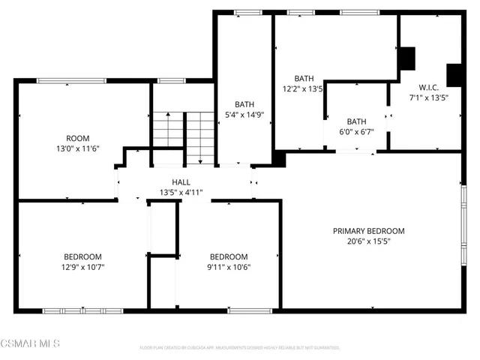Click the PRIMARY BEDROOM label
click(368, 231)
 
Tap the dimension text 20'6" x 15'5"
click(368, 241)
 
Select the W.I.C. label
click(428, 86)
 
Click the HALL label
click(181, 182)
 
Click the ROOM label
click(78, 138)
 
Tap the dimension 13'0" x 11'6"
click(78, 148)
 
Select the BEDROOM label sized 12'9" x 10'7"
click(82, 256)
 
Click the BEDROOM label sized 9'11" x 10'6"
click(228, 256)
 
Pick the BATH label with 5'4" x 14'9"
click(244, 104)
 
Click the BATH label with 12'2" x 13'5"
click(304, 78)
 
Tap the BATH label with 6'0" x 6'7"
click(355, 121)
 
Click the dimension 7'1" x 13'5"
click(428, 97)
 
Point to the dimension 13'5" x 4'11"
click(181, 193)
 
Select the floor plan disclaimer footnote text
click(239, 348)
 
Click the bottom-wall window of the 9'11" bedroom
click(250, 310)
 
